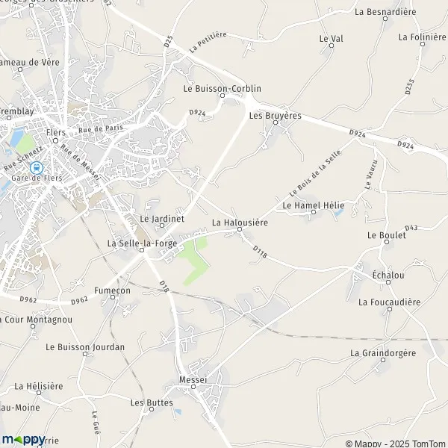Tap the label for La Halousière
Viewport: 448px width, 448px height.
tap(240, 223)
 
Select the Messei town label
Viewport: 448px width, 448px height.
tap(193, 380)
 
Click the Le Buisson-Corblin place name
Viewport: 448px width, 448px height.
tap(222, 88)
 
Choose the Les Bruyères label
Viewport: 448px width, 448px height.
tap(275, 116)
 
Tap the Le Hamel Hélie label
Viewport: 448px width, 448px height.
tap(312, 205)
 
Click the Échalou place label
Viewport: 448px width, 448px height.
tap(388, 275)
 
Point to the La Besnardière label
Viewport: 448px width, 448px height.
tap(385, 12)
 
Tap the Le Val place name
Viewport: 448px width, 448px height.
tap(330, 37)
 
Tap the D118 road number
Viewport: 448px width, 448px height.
tap(259, 252)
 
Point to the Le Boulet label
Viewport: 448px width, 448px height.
tap(387, 235)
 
